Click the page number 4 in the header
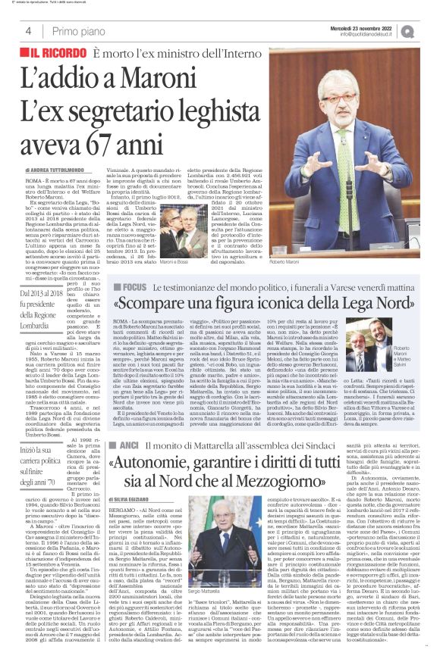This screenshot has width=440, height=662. [27, 31]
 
